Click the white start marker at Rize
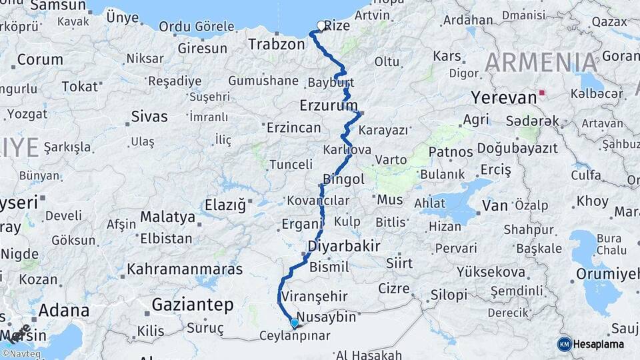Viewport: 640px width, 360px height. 321,26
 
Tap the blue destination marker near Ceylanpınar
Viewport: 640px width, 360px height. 295,323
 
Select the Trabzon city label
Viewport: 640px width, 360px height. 276,45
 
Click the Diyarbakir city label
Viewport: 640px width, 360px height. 344,246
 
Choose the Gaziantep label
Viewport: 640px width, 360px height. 193,305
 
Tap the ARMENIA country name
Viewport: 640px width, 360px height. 541,62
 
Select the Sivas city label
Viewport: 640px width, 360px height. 149,117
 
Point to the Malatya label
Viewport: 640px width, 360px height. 167,217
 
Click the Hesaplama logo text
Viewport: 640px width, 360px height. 600,344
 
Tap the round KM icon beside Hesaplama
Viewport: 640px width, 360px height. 564,344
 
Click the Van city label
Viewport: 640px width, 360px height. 495,205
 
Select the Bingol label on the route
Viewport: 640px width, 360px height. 343,179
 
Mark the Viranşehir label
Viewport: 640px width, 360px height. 315,295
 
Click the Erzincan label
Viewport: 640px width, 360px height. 293,127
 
